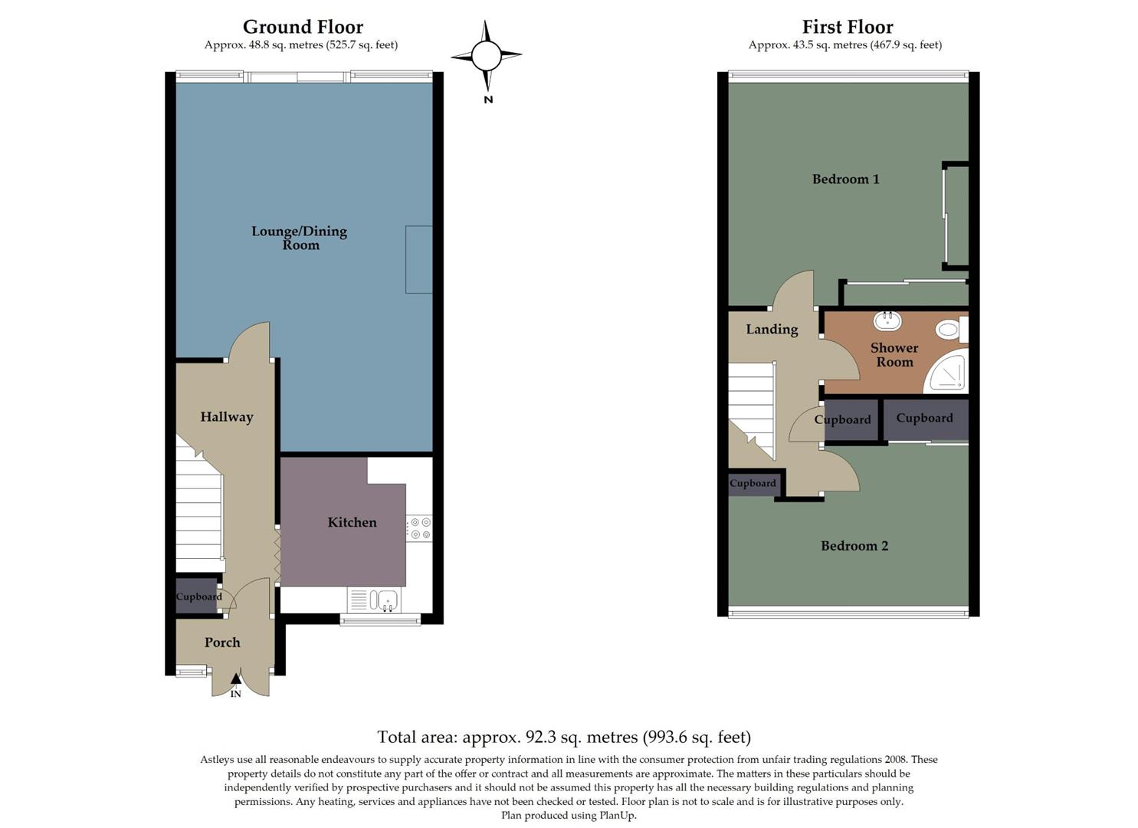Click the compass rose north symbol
[486, 56]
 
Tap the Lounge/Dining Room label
[300, 238]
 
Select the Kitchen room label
[352, 522]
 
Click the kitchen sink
[385, 599]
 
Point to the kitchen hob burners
[419, 528]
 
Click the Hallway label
[226, 417]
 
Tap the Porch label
[222, 642]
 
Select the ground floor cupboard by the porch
[198, 596]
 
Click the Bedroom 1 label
[845, 179]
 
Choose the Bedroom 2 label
[854, 546]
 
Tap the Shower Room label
[894, 355]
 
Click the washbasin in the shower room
[887, 320]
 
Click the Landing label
[772, 329]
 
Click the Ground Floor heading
[303, 28]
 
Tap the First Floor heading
[847, 28]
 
